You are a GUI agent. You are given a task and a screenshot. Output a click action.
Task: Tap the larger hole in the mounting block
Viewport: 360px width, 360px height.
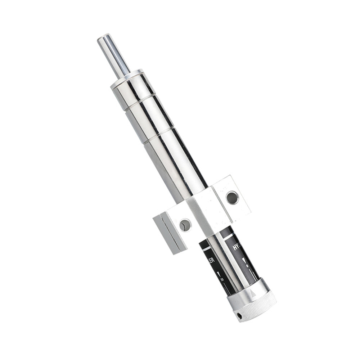click(x=232, y=197)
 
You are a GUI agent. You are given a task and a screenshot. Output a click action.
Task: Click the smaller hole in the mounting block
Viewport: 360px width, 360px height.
click(x=185, y=225)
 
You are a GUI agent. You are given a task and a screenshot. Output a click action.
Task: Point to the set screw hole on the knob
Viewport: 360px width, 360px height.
click(x=239, y=315)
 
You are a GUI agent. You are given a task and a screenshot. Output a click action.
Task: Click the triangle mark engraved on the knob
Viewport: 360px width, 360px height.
click(x=253, y=293)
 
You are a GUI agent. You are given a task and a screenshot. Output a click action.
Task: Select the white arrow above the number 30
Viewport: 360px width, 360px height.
click(x=219, y=274)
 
